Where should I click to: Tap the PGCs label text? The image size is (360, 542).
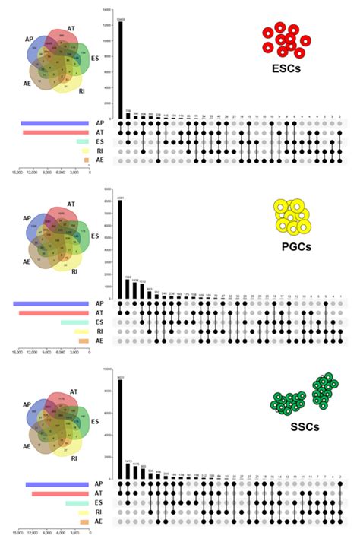[x=302, y=246]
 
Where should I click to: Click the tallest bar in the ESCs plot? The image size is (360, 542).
[x=121, y=68]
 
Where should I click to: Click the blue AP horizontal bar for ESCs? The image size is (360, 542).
[x=55, y=123]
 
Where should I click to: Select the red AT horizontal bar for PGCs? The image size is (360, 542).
[x=54, y=313]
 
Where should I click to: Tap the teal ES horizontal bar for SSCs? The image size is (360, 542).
[x=77, y=503]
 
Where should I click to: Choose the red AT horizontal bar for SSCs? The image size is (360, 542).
[x=61, y=493]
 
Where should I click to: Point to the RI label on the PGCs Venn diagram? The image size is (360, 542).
[x=74, y=271]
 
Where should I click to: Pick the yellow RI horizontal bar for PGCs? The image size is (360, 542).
[x=81, y=332]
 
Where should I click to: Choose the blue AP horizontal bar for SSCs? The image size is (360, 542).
[x=58, y=484]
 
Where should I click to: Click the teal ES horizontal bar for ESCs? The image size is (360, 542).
[x=82, y=142]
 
